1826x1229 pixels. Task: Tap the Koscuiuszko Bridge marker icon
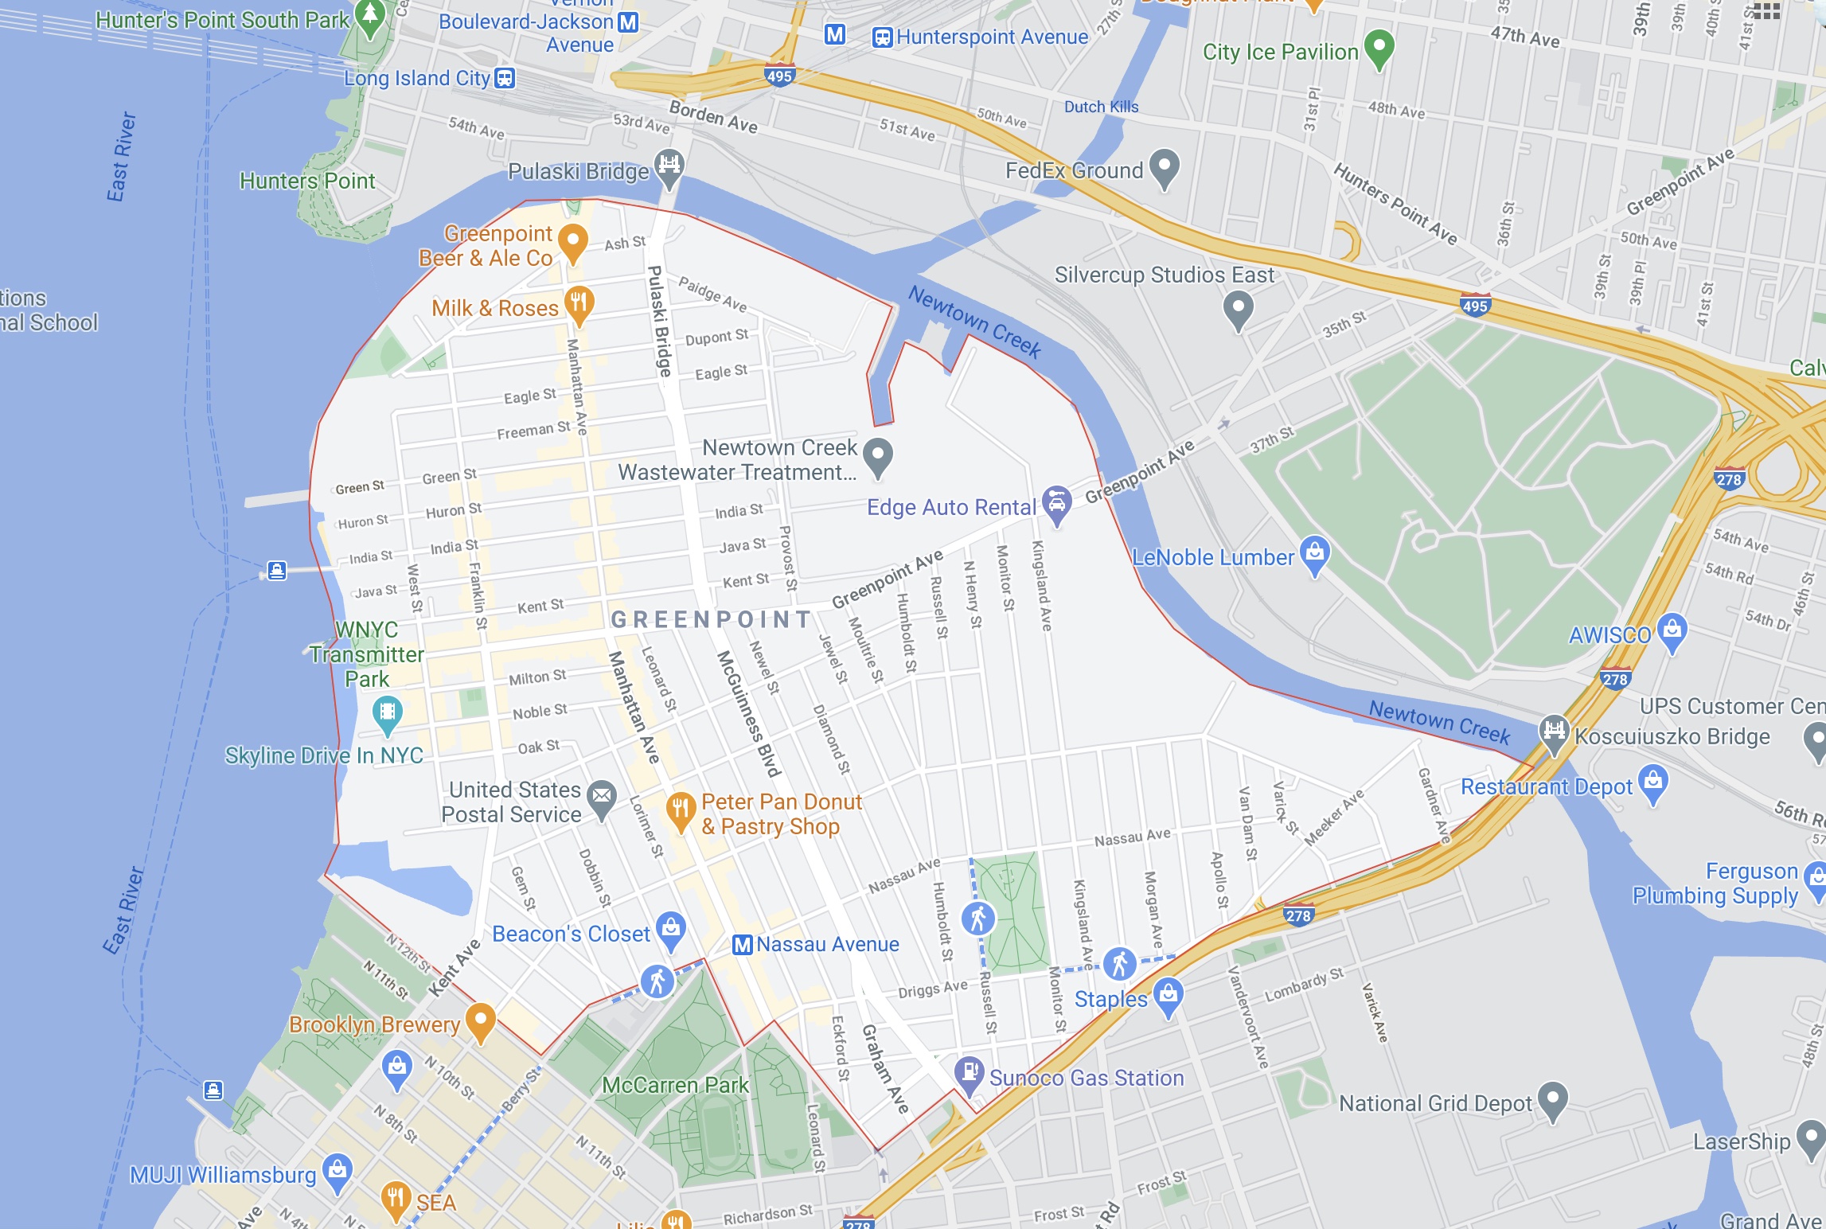pyautogui.click(x=1553, y=731)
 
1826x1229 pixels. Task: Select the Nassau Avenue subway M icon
pyautogui.click(x=742, y=945)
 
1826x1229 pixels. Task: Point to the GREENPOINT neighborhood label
pyautogui.click(x=711, y=619)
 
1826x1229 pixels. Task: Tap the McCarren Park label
pyautogui.click(x=675, y=1085)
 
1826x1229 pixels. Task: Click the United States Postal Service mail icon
pyautogui.click(x=602, y=796)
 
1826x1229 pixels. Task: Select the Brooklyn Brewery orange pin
pyautogui.click(x=480, y=1020)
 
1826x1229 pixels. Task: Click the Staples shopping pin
pyautogui.click(x=1168, y=995)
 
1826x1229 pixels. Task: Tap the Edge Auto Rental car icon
pyautogui.click(x=1056, y=503)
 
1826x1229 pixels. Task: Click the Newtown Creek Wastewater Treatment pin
pyautogui.click(x=877, y=455)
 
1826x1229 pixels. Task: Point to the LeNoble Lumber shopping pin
pyautogui.click(x=1314, y=552)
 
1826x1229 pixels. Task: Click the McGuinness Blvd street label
pyautogui.click(x=747, y=713)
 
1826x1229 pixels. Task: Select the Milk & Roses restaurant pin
pyautogui.click(x=579, y=303)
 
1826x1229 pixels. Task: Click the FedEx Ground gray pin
pyautogui.click(x=1164, y=166)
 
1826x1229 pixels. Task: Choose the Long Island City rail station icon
pyautogui.click(x=505, y=78)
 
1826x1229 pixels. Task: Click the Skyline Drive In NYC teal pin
pyautogui.click(x=387, y=712)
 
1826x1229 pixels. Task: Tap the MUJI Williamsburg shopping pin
pyautogui.click(x=337, y=1171)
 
